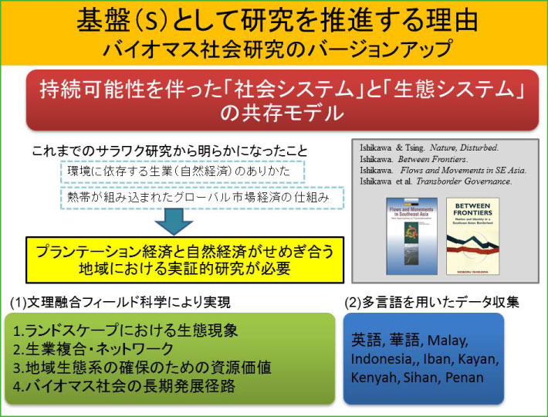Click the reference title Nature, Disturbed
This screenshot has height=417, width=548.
[458, 144]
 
